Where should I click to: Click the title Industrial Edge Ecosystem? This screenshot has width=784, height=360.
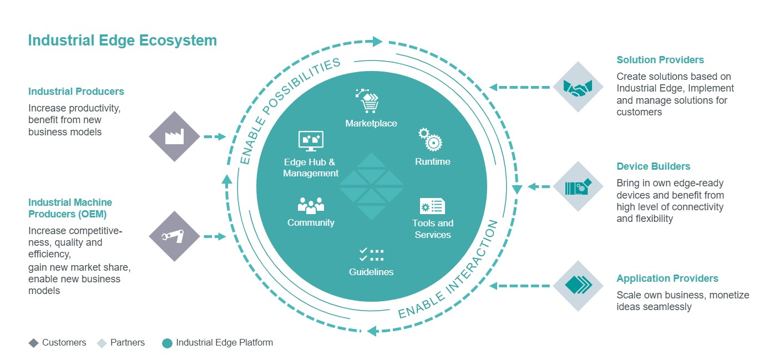click(122, 40)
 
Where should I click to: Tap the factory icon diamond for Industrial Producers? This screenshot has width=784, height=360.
click(174, 136)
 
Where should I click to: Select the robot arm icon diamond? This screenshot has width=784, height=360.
click(174, 236)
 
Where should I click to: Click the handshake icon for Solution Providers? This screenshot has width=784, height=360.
click(578, 87)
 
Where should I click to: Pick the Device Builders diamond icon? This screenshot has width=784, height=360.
click(578, 187)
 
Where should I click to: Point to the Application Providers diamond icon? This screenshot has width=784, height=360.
click(578, 286)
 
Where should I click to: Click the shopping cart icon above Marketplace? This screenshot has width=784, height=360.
click(368, 102)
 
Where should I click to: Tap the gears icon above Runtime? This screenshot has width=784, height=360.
click(430, 139)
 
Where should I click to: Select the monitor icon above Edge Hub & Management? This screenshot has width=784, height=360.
click(311, 141)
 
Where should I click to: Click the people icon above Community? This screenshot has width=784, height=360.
click(311, 205)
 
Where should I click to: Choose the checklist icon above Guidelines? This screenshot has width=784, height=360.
click(371, 255)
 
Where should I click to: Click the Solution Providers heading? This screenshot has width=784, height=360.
click(660, 60)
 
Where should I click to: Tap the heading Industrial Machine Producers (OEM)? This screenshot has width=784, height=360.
click(70, 208)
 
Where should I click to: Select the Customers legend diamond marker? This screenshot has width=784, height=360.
click(33, 343)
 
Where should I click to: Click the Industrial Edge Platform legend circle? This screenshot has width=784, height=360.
click(167, 343)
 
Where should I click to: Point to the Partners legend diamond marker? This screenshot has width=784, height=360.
click(102, 343)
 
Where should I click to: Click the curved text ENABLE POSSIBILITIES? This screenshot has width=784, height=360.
click(289, 111)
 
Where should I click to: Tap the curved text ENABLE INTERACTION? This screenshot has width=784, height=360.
click(449, 271)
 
